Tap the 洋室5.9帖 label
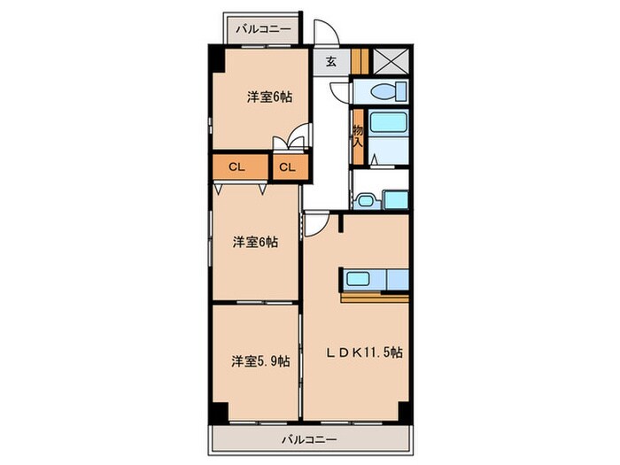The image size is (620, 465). tap(257, 361)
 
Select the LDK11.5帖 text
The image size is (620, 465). tap(363, 353)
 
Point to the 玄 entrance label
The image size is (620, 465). tap(330, 61)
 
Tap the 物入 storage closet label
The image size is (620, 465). tap(358, 136)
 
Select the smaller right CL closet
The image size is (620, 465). tap(287, 167)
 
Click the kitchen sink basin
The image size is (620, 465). tap(360, 280)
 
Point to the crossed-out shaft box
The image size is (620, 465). tap(391, 59)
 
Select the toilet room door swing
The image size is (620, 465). tap(340, 89)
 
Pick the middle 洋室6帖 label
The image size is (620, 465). tap(256, 241)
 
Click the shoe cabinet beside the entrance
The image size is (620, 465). tap(359, 61)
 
